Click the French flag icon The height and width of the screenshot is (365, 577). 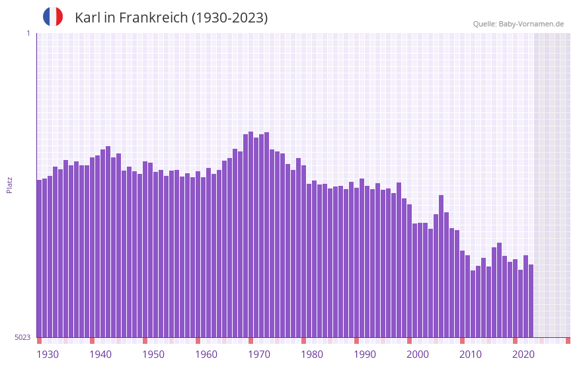(53, 17)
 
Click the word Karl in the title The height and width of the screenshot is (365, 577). (88, 18)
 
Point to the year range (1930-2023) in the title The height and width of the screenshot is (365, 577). (229, 18)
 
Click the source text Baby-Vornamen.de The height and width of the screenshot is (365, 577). (531, 24)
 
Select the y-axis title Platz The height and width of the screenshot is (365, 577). (9, 184)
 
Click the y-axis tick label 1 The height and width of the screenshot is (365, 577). (28, 33)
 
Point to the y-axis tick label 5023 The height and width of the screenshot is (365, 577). (23, 337)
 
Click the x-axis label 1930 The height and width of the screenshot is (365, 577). (48, 354)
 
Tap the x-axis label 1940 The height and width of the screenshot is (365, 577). (100, 354)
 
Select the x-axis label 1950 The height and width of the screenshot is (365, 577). (153, 354)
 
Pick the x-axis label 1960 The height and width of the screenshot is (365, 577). (206, 354)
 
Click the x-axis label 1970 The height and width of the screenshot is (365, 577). (259, 354)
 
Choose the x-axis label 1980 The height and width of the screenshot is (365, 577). (312, 354)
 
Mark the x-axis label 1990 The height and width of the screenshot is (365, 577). (365, 354)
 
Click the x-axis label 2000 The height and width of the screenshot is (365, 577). (418, 354)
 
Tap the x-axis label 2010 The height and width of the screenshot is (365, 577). (471, 354)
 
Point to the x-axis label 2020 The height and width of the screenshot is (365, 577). (523, 354)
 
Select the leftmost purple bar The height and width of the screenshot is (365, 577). (40, 259)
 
